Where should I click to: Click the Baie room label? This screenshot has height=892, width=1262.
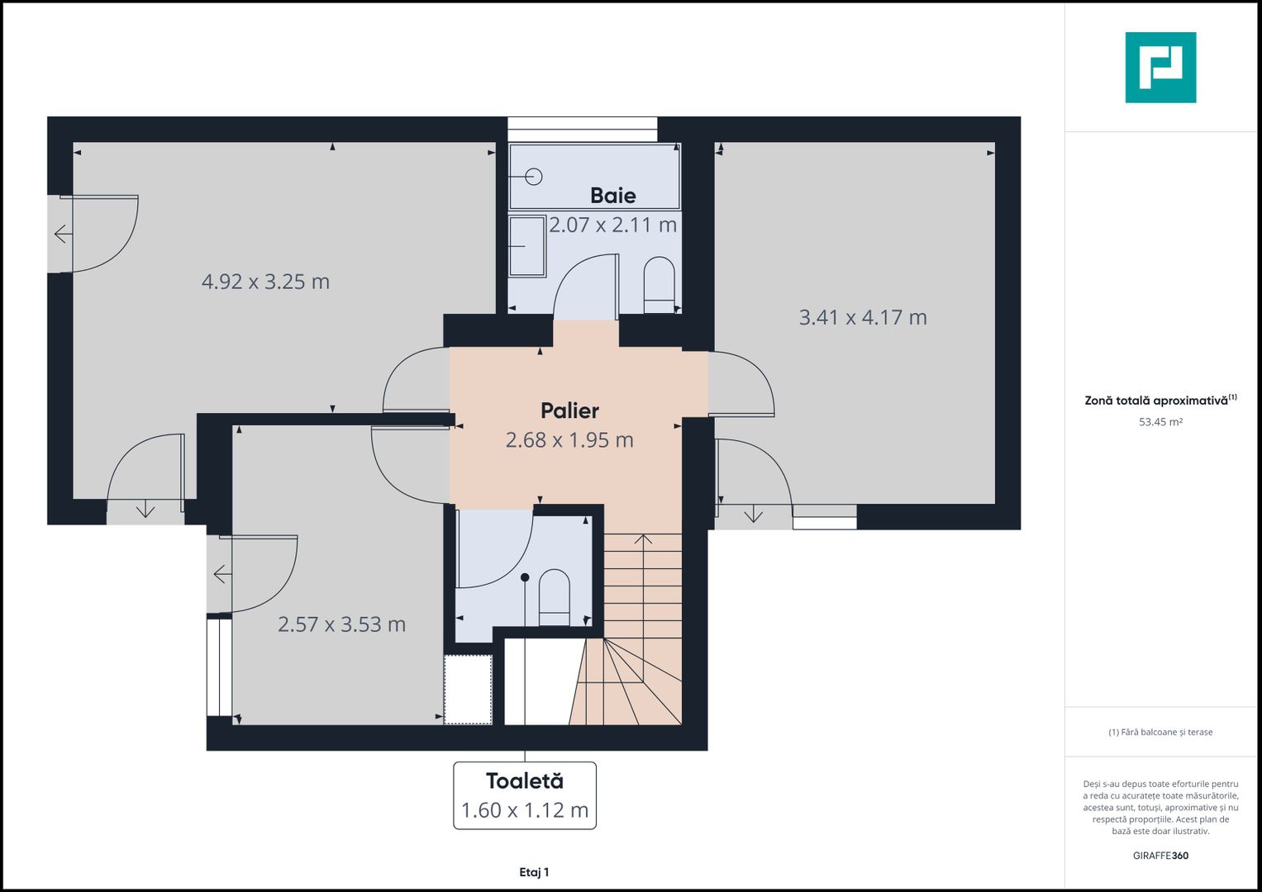(x=613, y=196)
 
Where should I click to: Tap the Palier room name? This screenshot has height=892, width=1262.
(x=569, y=410)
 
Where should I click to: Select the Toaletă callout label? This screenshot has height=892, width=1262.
(x=525, y=781)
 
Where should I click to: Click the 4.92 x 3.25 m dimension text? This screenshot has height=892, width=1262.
(x=265, y=282)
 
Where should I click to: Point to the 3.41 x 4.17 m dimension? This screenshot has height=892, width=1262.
(x=863, y=318)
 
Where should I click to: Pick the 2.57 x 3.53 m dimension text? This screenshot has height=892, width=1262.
(x=341, y=624)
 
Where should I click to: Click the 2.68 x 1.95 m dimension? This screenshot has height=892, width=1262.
(x=569, y=439)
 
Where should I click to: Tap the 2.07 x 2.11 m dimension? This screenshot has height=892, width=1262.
(x=613, y=225)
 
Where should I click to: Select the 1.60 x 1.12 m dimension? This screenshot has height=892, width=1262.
(x=525, y=810)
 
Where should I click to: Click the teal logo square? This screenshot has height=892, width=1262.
(x=1160, y=68)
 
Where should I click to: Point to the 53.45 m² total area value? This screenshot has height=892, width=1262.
(x=1160, y=422)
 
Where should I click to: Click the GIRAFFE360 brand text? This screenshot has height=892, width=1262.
(x=1160, y=856)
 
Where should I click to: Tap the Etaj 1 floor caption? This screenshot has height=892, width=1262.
(x=534, y=872)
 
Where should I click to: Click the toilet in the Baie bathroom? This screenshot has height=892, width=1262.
(x=660, y=285)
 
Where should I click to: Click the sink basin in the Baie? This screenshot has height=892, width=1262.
(x=526, y=246)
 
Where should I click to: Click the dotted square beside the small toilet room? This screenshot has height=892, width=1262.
(x=468, y=690)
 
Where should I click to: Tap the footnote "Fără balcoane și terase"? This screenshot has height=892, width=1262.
(x=1160, y=732)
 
